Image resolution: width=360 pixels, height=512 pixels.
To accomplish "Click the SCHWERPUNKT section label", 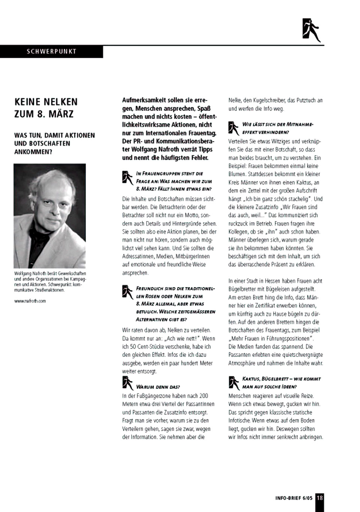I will [x=51, y=51].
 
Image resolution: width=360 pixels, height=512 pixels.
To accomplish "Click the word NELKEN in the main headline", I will [x=59, y=102].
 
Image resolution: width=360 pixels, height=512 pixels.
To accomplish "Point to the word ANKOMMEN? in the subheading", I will [x=33, y=152].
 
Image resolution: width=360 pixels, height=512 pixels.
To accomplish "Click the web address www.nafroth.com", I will [x=30, y=301].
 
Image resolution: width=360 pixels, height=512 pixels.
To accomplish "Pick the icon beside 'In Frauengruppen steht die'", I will [x=127, y=177].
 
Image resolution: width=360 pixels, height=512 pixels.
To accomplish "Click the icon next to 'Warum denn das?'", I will [x=127, y=383].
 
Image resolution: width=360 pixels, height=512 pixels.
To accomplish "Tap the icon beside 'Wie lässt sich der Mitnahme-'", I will [x=234, y=128].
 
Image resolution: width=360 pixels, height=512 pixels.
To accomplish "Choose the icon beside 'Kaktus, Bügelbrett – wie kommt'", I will [x=234, y=382].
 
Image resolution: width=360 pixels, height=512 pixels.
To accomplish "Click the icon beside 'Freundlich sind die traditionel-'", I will [x=127, y=292].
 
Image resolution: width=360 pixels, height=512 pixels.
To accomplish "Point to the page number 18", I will [x=319, y=498].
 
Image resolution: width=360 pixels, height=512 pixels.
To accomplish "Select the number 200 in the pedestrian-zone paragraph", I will [x=203, y=396].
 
